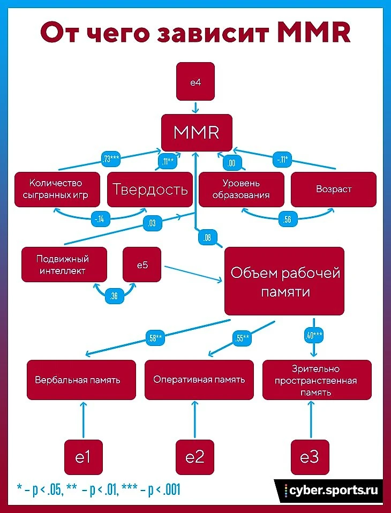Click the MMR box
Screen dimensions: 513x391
tap(197, 132)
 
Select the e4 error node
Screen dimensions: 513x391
tap(195, 81)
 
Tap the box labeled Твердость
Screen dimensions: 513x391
tap(149, 189)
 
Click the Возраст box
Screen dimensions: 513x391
tap(334, 189)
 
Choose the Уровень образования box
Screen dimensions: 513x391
tap(240, 189)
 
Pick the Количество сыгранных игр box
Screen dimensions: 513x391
tap(58, 189)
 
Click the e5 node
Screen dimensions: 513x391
tap(142, 264)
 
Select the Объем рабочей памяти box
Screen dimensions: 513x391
tap(284, 281)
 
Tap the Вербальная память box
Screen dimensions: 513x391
tap(78, 380)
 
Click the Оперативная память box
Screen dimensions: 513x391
tap(199, 380)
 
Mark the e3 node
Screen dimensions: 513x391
tap(310, 457)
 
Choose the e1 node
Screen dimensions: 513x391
tap(82, 457)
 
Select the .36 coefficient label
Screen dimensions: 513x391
tap(114, 296)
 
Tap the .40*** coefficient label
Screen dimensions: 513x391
tap(313, 336)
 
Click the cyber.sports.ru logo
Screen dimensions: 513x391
tap(330, 490)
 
